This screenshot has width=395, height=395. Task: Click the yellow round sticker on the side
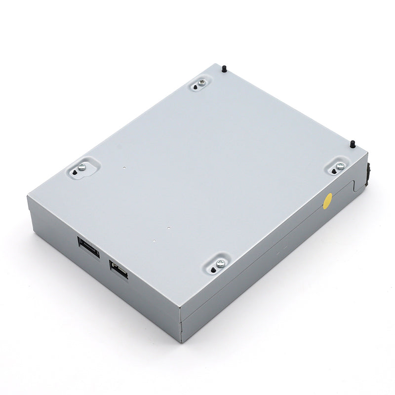pyautogui.click(x=327, y=200)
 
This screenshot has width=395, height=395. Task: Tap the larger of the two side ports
pyautogui.click(x=88, y=247)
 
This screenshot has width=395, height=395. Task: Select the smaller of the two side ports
pyautogui.click(x=118, y=269)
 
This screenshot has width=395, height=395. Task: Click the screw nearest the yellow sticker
pyautogui.click(x=340, y=166)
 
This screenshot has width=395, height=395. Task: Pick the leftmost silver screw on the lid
pyautogui.click(x=82, y=167)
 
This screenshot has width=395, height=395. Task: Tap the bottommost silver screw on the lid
pyautogui.click(x=220, y=263)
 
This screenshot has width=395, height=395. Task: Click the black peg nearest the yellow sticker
pyautogui.click(x=353, y=144)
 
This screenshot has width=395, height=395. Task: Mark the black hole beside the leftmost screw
pyautogui.click(x=75, y=173)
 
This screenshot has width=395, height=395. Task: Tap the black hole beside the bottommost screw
pyautogui.click(x=213, y=270)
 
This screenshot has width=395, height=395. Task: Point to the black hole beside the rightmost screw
pyautogui.click(x=334, y=171)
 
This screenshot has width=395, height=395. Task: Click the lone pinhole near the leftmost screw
pyautogui.click(x=123, y=168)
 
